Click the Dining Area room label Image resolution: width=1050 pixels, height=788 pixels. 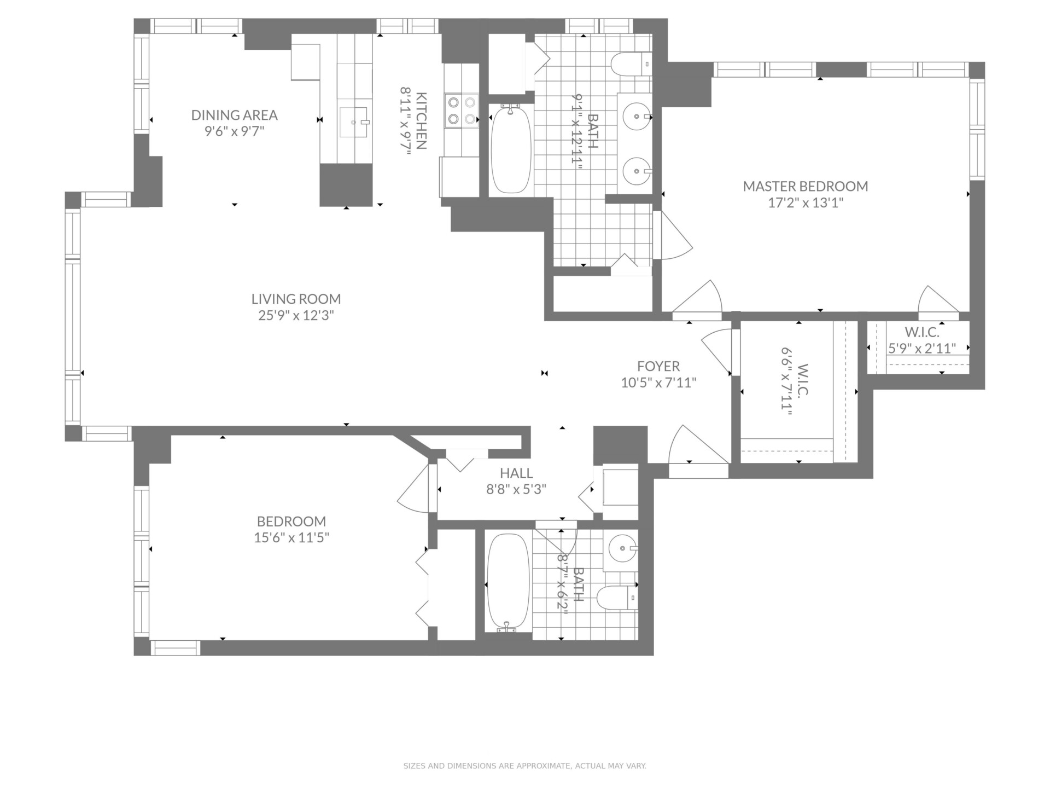point(234,115)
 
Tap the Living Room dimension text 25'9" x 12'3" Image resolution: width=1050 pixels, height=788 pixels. point(296,316)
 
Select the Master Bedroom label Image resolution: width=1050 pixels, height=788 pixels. point(805,186)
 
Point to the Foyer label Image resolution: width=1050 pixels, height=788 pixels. point(658,366)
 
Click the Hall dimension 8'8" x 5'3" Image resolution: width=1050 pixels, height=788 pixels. point(516,489)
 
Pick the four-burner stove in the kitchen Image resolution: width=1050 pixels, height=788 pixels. point(462,111)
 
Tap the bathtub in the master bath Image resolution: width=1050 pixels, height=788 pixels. point(511,149)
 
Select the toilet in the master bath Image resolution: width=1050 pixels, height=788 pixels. point(631,64)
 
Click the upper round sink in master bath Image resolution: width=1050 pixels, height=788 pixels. point(637,117)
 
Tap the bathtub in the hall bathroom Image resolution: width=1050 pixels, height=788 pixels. point(508,583)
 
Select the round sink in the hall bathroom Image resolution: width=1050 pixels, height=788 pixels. point(622,548)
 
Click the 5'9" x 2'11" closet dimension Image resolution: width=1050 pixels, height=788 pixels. point(921,349)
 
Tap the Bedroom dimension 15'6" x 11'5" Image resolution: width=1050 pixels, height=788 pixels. point(291,538)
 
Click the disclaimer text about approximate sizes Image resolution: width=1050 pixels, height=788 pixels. point(525,766)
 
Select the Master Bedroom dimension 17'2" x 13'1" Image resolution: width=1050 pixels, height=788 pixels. point(806,203)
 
